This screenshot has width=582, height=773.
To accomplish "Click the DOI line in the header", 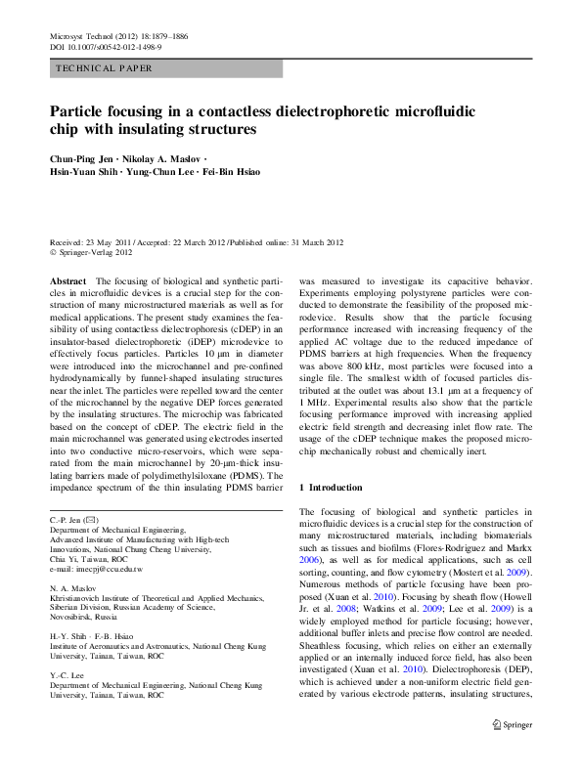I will pos(105,46).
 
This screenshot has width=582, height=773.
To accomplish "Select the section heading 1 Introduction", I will pos(336,487).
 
